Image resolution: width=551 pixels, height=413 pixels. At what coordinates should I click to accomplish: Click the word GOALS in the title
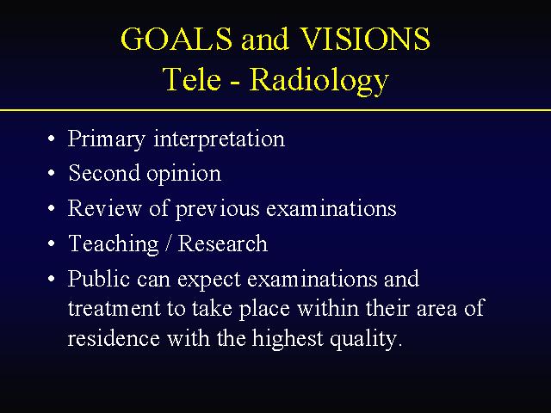coord(176,38)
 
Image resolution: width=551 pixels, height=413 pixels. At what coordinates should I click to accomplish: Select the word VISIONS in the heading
coord(365,38)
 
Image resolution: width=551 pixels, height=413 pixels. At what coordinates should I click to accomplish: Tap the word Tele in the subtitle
coord(192,79)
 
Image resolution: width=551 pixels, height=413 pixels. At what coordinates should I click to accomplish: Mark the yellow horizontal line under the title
coord(275,110)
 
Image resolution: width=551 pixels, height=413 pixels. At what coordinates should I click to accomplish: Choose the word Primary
coord(107,139)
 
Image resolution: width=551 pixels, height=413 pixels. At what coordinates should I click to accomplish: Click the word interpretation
coord(220,139)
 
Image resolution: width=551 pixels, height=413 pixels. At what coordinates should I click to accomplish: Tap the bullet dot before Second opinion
coord(52,173)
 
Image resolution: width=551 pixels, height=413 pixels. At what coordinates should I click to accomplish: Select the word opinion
coord(183,175)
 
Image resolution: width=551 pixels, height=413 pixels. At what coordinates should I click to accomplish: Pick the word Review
coord(104,208)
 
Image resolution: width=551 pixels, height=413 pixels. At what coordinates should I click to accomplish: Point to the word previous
coord(218,209)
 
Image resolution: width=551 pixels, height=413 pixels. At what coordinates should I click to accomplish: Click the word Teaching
coord(114,244)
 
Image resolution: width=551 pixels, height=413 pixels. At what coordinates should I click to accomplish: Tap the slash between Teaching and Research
coord(169,243)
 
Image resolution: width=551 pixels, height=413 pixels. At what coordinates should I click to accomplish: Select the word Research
coord(223,243)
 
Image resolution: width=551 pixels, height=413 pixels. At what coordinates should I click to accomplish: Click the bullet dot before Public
coord(52,279)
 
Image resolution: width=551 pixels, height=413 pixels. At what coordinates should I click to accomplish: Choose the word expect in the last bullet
coord(209,280)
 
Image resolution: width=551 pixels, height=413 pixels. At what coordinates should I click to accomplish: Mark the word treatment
coord(114,309)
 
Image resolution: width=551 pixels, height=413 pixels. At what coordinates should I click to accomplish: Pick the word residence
coord(114,338)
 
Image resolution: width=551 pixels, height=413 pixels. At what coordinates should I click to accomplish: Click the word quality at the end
coord(366,339)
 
